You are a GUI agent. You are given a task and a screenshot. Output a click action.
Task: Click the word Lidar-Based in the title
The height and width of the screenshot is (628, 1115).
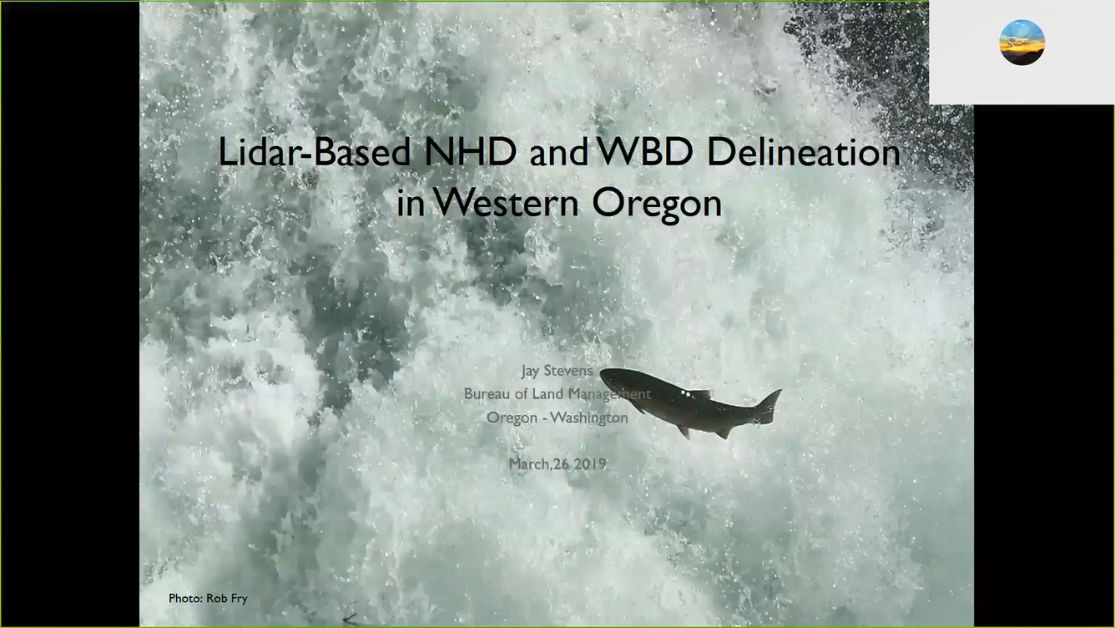314,152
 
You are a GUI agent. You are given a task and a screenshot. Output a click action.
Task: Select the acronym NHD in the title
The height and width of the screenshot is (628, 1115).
470,151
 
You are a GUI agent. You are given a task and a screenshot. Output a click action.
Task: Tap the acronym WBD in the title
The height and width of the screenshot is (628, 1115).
644,151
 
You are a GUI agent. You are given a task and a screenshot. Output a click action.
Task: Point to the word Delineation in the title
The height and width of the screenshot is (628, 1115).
804,151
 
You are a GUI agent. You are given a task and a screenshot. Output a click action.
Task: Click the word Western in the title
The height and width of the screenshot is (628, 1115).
506,203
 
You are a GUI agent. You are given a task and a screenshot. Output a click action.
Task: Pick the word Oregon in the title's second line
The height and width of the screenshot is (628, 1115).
657,205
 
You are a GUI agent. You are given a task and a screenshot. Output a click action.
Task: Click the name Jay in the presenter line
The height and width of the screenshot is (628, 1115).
530,371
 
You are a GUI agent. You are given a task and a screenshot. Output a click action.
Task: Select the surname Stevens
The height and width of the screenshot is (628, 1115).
568,371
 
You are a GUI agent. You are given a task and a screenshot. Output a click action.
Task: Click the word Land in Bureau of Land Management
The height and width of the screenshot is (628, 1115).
548,394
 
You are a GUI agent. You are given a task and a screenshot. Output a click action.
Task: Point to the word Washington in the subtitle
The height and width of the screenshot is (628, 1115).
589,418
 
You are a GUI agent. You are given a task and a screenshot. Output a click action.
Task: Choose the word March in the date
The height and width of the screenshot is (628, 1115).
528,464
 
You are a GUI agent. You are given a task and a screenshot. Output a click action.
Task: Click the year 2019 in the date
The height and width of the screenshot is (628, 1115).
590,464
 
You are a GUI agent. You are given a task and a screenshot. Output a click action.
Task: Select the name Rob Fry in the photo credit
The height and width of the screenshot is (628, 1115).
227,599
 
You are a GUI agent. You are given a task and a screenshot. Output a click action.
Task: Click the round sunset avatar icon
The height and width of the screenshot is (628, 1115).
1022,43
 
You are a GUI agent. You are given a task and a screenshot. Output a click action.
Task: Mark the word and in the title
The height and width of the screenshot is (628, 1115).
558,153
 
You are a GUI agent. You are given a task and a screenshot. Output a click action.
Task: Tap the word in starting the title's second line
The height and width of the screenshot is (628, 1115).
411,203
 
